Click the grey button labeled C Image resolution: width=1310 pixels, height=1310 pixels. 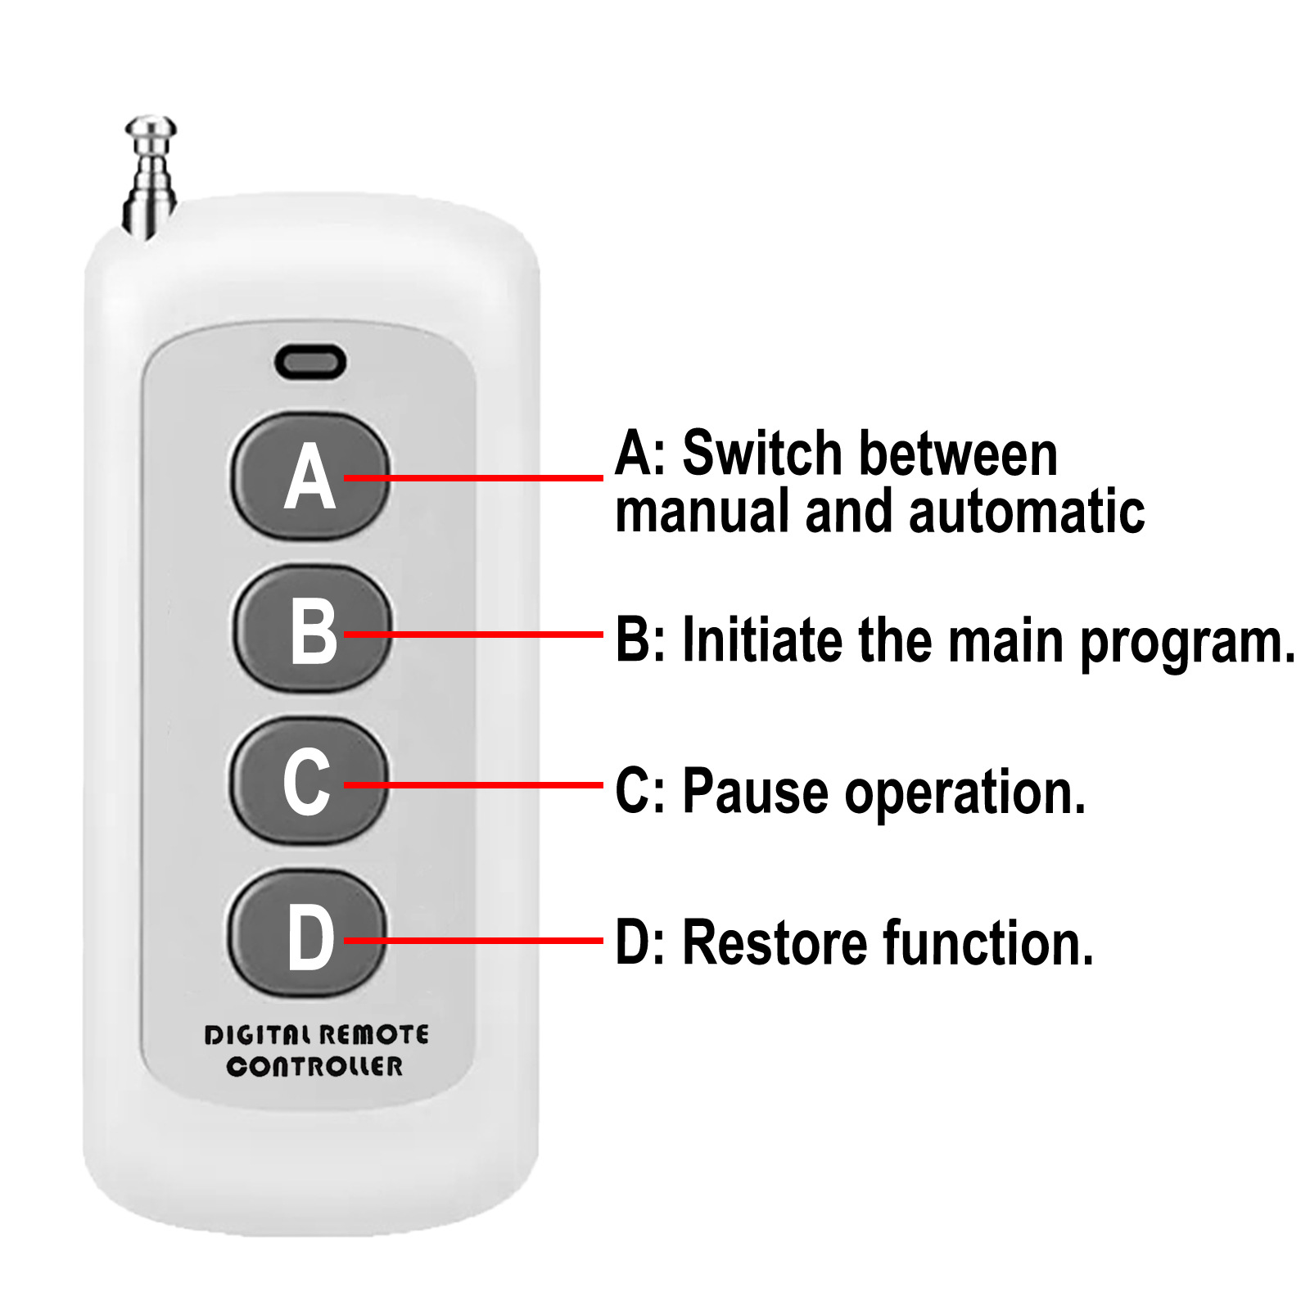tap(307, 780)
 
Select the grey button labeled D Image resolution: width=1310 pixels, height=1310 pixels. tap(307, 933)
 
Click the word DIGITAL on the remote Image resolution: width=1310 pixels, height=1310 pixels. tap(258, 1035)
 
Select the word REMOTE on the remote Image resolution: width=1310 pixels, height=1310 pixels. tap(373, 1035)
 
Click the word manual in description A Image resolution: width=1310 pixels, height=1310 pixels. tap(704, 512)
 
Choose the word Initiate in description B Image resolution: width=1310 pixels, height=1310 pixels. tap(762, 639)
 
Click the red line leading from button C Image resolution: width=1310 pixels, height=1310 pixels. tap(473, 785)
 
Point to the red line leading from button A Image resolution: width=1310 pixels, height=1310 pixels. tap(473, 477)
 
